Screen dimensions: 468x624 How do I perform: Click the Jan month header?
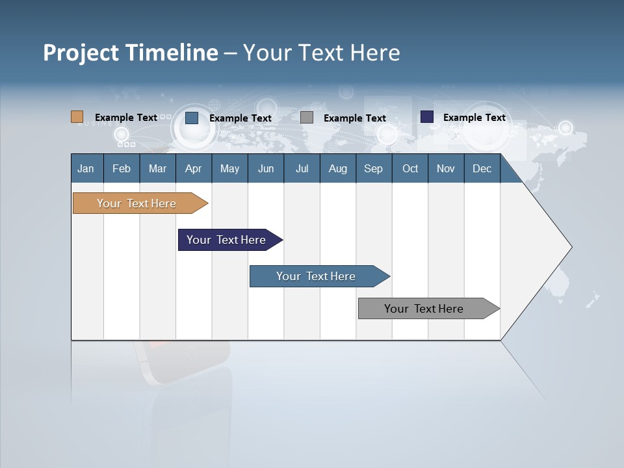pyautogui.click(x=86, y=168)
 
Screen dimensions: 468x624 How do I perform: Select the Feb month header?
pyautogui.click(x=122, y=168)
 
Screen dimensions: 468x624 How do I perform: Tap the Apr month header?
pyautogui.click(x=193, y=168)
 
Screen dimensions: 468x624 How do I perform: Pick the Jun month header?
pyautogui.click(x=266, y=168)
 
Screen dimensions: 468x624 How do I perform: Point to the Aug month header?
pyautogui.click(x=337, y=168)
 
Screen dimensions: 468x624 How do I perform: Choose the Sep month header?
pyautogui.click(x=373, y=168)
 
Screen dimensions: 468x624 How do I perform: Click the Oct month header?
pyautogui.click(x=410, y=168)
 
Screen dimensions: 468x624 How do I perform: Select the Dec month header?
pyautogui.click(x=482, y=168)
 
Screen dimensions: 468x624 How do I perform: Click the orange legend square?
pyautogui.click(x=77, y=116)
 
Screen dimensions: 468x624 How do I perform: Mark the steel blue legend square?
pyautogui.click(x=192, y=118)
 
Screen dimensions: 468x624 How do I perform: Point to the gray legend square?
pyautogui.click(x=307, y=118)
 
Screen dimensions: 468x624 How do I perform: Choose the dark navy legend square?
pyautogui.click(x=427, y=116)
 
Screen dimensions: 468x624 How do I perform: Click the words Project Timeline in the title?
pyautogui.click(x=131, y=53)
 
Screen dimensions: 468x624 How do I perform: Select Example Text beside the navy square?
pyautogui.click(x=474, y=118)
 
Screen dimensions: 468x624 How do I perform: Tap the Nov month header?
pyautogui.click(x=446, y=168)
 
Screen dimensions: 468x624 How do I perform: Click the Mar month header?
pyautogui.click(x=157, y=168)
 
